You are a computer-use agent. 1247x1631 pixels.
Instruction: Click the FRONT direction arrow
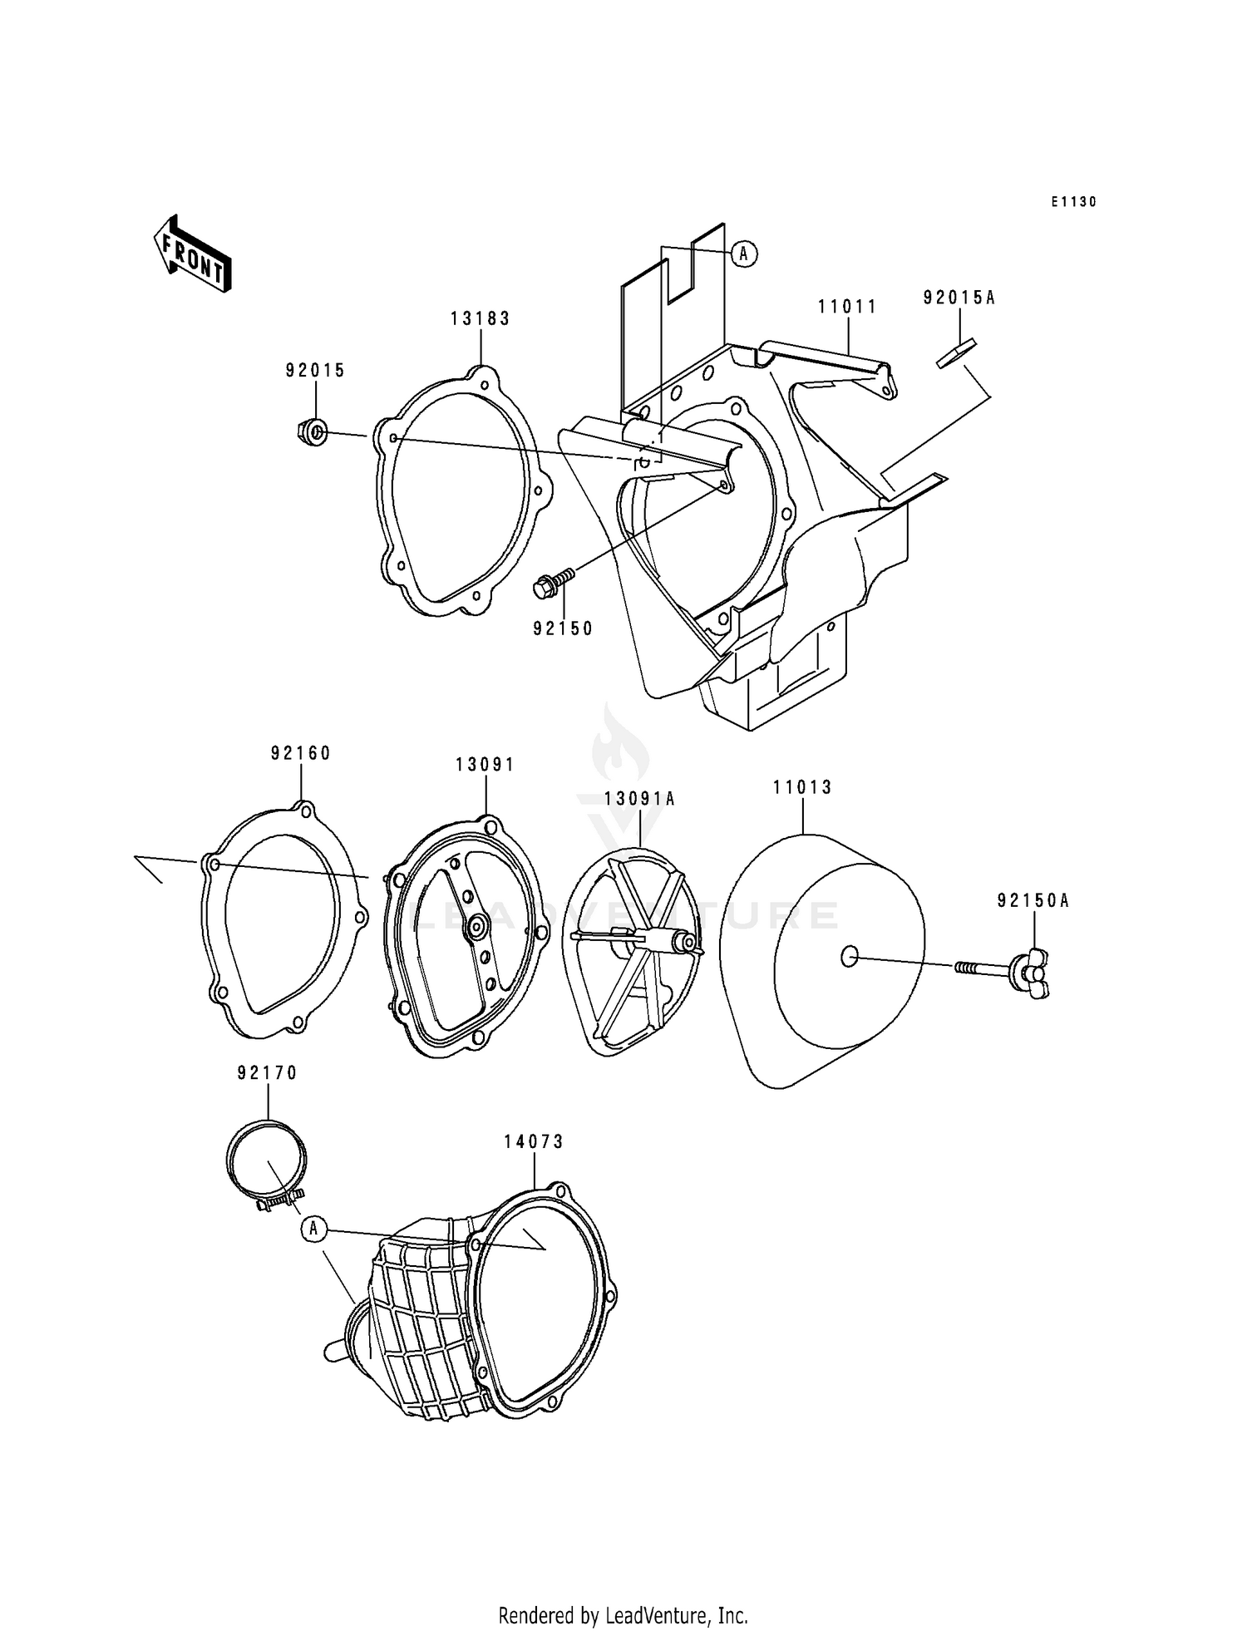(191, 254)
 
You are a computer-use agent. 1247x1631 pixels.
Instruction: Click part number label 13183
(480, 318)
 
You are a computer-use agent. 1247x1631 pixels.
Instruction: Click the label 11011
(847, 307)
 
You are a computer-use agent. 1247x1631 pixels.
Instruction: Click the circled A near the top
(744, 254)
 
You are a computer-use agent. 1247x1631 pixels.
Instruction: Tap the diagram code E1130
(1073, 202)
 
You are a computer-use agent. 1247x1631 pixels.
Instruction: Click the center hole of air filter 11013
(848, 958)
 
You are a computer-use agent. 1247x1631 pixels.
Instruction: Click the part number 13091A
(639, 799)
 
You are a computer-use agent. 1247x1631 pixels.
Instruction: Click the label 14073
(533, 1142)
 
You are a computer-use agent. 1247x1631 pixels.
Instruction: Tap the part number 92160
(300, 753)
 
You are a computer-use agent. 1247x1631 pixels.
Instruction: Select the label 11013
(802, 786)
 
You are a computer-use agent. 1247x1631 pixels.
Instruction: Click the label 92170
(267, 1073)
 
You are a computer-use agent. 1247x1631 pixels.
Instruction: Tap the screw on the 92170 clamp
(278, 1200)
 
